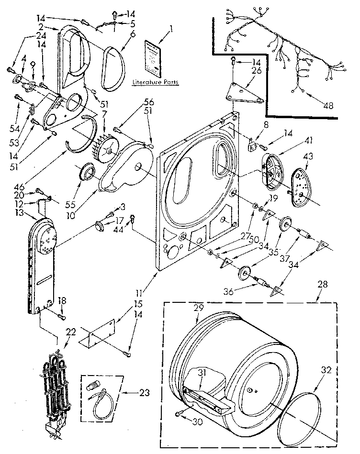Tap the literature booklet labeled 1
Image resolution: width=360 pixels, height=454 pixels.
(153, 58)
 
